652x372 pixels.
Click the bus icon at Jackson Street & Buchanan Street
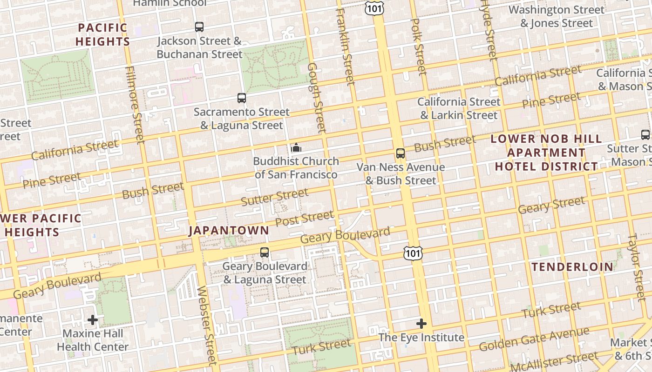199,27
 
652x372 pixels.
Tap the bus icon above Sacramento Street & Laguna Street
241,98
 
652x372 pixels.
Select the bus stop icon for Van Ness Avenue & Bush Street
400,153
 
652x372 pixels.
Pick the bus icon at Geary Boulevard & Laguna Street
265,252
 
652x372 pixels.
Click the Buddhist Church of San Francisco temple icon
296,148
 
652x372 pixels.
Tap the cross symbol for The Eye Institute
421,324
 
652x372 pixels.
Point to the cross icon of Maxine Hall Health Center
93,320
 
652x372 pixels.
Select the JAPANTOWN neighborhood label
229,231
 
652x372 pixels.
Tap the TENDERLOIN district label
572,267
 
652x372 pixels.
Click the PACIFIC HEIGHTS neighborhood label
102,34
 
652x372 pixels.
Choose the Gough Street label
316,98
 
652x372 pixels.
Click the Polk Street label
419,46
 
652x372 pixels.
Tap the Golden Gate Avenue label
534,339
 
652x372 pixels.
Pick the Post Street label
304,218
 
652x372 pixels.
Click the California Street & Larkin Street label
459,108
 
